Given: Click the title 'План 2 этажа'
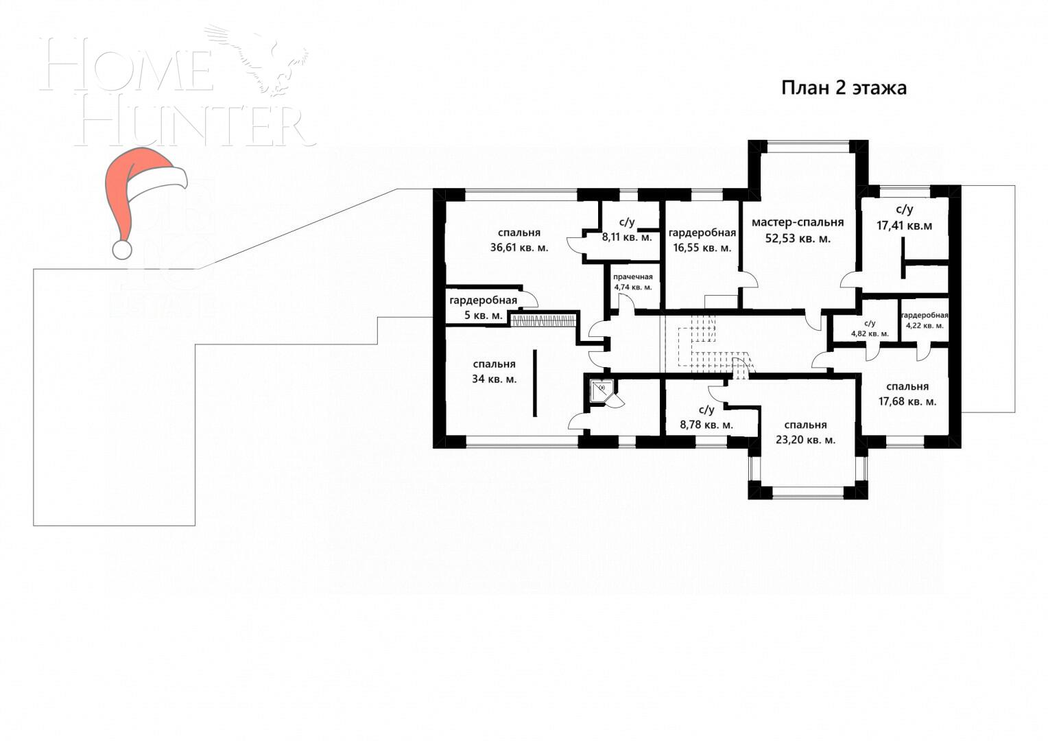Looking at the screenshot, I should [x=844, y=89].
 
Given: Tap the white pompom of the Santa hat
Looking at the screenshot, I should [x=122, y=249].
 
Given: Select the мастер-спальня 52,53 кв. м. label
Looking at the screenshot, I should [x=798, y=231].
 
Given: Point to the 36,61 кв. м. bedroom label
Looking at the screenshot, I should [x=519, y=240].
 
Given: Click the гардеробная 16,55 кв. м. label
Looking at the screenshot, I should [x=702, y=240].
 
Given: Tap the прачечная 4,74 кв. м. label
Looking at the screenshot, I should [x=633, y=282].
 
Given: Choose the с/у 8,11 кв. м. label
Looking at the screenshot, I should [x=627, y=230].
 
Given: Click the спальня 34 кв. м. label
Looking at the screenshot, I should [x=494, y=371].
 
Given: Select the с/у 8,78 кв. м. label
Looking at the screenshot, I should [x=706, y=417].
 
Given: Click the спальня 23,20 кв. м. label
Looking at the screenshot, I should [x=805, y=432].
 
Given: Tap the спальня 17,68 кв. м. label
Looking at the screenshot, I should [x=907, y=394].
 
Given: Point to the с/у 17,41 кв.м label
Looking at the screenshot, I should [x=904, y=217].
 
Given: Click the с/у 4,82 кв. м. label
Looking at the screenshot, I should [x=869, y=328].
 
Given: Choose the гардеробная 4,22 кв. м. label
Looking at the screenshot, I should [x=924, y=320].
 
